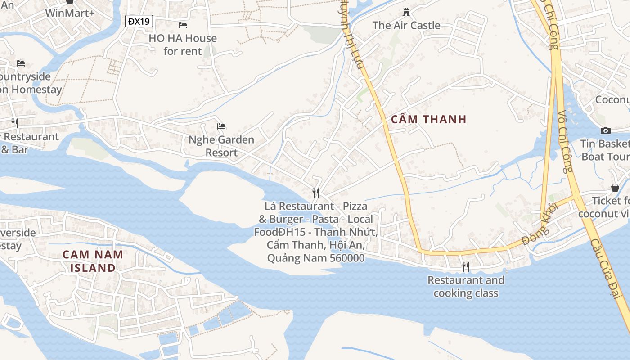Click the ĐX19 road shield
[x=139, y=21]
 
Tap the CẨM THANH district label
[x=429, y=119]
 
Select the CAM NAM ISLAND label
[x=93, y=261]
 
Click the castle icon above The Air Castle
[x=406, y=12]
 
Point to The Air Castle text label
[x=406, y=25]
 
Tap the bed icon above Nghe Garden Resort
[x=221, y=126]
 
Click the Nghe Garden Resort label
[x=221, y=146]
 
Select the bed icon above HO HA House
[x=183, y=25]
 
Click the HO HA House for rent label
[x=183, y=45]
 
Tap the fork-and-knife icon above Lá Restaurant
[x=316, y=193]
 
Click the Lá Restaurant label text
[x=316, y=232]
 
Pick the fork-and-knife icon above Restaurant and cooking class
[x=466, y=267]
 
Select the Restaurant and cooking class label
[x=466, y=287]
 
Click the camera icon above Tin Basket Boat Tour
[x=606, y=130]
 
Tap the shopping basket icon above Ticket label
[x=615, y=188]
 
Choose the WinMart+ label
[x=70, y=13]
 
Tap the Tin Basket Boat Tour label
[x=605, y=150]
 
